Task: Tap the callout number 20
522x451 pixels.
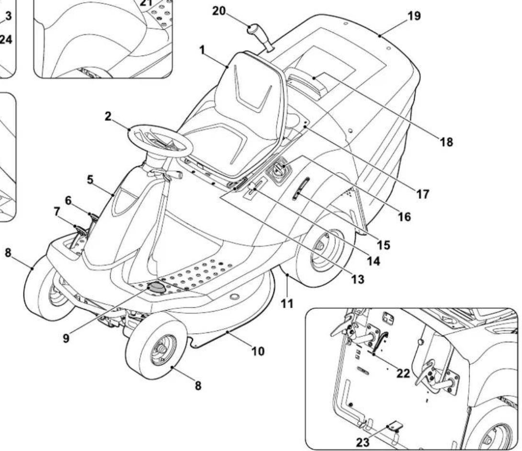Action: pyautogui.click(x=219, y=10)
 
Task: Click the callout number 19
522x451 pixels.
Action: pyautogui.click(x=414, y=16)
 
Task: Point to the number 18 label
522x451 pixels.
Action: pyautogui.click(x=446, y=142)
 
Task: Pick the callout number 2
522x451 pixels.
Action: pyautogui.click(x=109, y=116)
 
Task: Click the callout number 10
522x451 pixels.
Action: pyautogui.click(x=258, y=351)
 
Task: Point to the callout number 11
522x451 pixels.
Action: pyautogui.click(x=286, y=303)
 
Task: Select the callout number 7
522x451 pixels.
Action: pyautogui.click(x=57, y=210)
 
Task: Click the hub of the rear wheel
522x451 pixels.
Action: pyautogui.click(x=318, y=246)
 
